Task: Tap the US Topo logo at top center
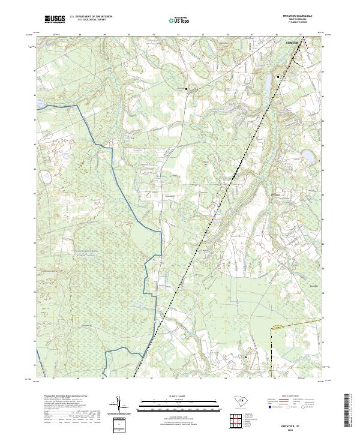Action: coord(179,20)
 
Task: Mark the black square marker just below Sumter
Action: coord(278,77)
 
